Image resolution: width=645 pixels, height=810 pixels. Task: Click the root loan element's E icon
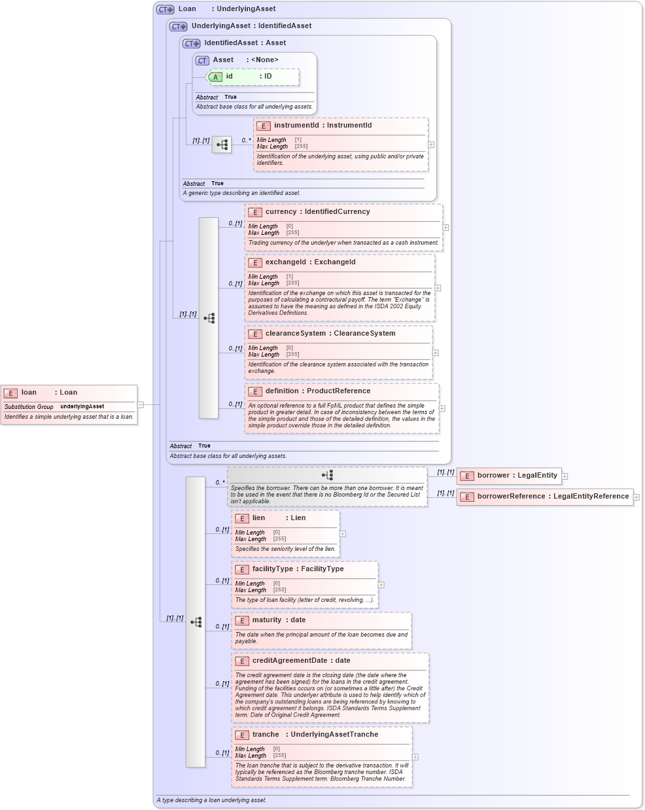pos(10,393)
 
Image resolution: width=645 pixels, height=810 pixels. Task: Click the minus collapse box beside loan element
pos(140,405)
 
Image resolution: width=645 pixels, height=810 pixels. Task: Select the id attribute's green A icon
pos(215,77)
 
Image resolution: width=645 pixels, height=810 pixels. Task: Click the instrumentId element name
pos(296,126)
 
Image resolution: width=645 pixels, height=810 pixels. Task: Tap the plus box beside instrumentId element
pos(431,145)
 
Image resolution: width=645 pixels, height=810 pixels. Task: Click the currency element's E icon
pos(255,213)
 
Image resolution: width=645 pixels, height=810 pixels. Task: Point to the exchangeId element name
pos(285,262)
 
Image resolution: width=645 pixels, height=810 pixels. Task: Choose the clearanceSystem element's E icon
pos(255,334)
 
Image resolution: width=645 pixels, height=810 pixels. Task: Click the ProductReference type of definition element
pos(338,391)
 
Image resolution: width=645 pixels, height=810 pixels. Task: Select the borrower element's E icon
pos(467,476)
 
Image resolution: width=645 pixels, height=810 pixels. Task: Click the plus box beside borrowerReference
pos(636,497)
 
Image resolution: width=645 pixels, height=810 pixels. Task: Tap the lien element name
pos(259,518)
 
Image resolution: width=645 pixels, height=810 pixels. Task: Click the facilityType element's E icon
pos(242,570)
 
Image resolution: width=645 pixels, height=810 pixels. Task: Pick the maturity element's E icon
pos(242,621)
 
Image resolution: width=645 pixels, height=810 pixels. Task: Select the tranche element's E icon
pos(242,735)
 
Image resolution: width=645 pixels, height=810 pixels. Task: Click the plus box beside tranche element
pos(415,757)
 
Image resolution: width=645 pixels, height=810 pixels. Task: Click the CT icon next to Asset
pos(203,60)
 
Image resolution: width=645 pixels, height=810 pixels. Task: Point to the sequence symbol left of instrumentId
pos(222,145)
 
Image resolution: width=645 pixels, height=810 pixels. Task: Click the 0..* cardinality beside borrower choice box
pos(220,483)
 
